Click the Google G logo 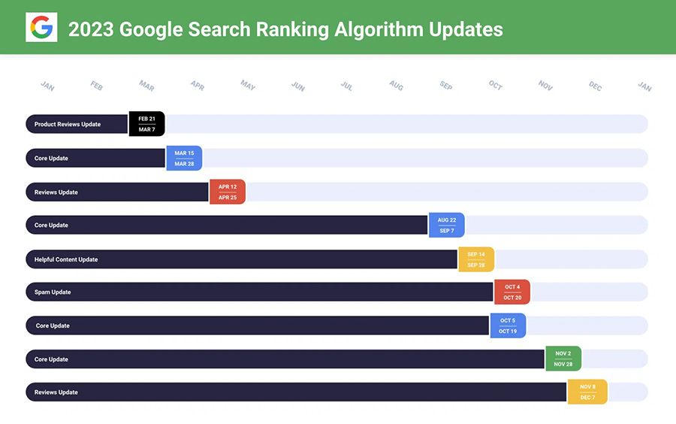(41, 28)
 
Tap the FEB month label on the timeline (97, 86)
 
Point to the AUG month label (397, 86)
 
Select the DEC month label (595, 86)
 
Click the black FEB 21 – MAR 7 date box (146, 124)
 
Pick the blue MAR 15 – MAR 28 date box (184, 158)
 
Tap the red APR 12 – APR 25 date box (228, 192)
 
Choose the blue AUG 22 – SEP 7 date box (447, 225)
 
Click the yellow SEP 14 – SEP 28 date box (476, 259)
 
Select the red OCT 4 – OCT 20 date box (512, 292)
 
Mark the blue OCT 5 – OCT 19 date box (508, 326)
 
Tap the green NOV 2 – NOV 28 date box (563, 359)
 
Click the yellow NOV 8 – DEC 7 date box (587, 392)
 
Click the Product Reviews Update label (68, 124)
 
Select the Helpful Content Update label (66, 259)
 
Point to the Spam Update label (53, 292)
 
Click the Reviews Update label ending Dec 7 (56, 392)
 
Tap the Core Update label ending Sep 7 (51, 225)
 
